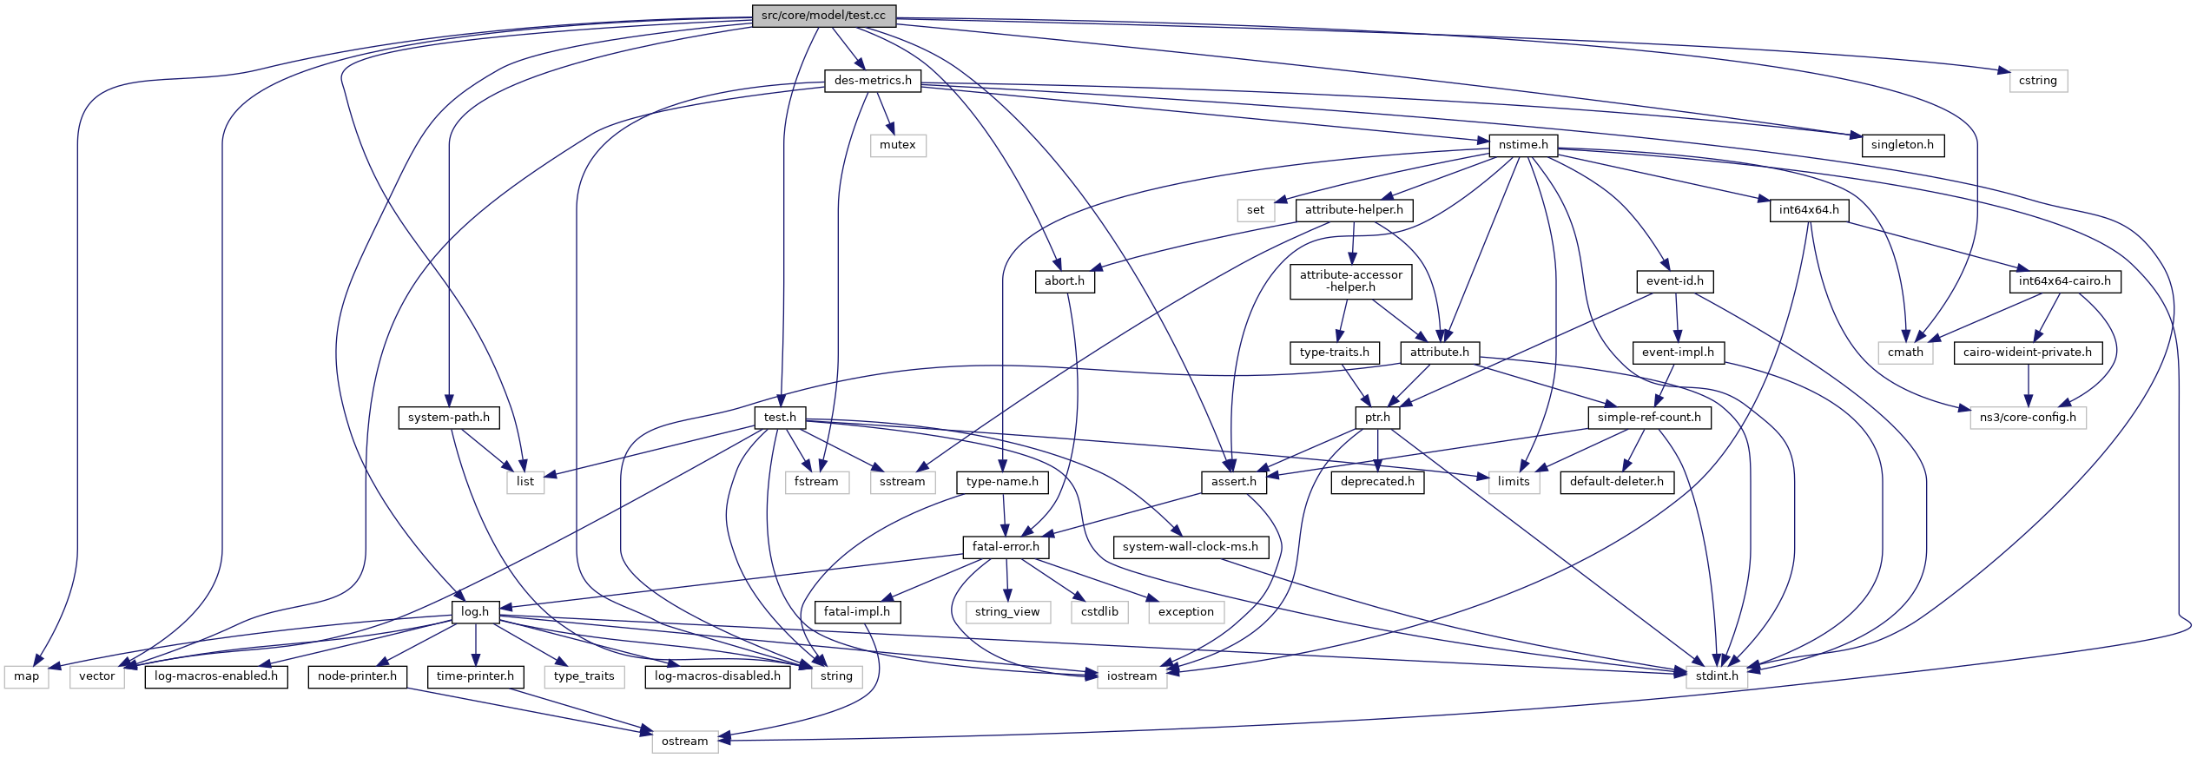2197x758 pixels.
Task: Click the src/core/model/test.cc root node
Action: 823,16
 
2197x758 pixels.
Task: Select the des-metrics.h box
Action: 873,81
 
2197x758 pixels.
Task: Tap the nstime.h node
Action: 1523,145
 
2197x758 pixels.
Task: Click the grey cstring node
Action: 2037,81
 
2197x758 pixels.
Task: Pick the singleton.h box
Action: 1902,145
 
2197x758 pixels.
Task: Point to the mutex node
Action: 897,145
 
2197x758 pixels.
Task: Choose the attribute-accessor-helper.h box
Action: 1350,281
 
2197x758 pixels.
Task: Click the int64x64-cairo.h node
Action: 2064,281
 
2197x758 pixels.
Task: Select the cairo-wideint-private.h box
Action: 2027,353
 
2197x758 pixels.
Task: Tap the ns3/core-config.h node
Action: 2027,418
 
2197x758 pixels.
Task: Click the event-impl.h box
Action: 1678,353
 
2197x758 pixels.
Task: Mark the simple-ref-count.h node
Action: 1648,418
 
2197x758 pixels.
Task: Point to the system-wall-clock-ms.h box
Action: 1190,547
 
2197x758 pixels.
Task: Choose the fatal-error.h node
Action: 1006,547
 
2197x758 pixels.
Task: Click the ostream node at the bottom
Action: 684,742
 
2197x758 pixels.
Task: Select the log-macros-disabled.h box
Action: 717,676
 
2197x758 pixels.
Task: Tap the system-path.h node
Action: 448,418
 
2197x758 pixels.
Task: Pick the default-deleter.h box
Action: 1616,482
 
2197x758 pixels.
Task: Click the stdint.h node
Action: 1717,676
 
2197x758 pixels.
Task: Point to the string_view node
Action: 1006,612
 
